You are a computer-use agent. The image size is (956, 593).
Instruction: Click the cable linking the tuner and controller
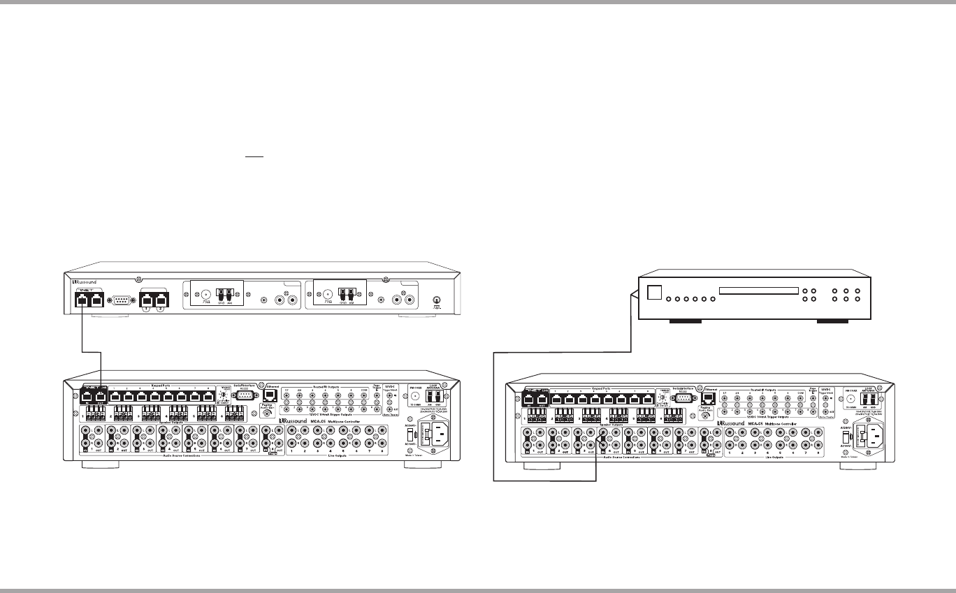tap(92, 349)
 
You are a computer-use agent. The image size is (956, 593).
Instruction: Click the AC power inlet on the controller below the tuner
tap(432, 437)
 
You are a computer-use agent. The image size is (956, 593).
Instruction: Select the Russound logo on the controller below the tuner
tap(294, 420)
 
